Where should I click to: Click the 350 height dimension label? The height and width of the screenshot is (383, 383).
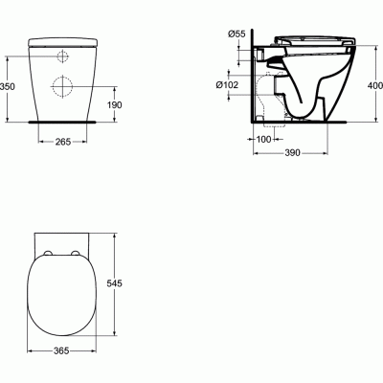pyautogui.click(x=8, y=86)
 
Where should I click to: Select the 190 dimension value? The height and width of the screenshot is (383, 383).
pyautogui.click(x=115, y=104)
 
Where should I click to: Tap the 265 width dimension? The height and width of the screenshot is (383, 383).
pyautogui.click(x=63, y=142)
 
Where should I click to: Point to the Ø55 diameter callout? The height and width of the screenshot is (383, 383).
pyautogui.click(x=237, y=34)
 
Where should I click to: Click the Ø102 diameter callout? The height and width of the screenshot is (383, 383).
pyautogui.click(x=227, y=85)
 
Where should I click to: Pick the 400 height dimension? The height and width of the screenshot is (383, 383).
pyautogui.click(x=375, y=85)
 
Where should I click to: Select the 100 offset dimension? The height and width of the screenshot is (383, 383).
pyautogui.click(x=263, y=139)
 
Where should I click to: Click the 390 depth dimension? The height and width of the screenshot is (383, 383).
pyautogui.click(x=292, y=153)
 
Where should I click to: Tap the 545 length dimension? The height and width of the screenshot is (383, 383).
pyautogui.click(x=114, y=283)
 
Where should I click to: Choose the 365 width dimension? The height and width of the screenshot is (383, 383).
pyautogui.click(x=61, y=350)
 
